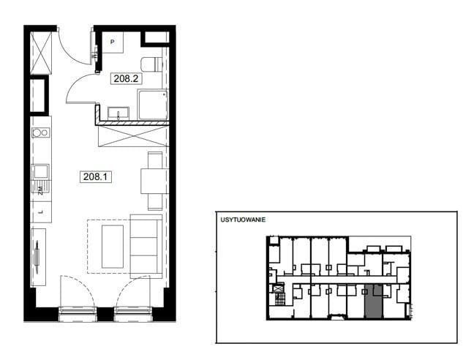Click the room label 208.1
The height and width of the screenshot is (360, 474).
point(96,176)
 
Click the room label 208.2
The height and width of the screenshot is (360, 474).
point(126,78)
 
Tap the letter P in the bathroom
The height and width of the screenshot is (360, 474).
point(113,42)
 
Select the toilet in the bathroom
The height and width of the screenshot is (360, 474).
point(151,64)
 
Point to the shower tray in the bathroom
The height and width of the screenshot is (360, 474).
point(153,105)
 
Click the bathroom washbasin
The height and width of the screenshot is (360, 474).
point(118,113)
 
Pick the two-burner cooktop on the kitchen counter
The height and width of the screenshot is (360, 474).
point(41,132)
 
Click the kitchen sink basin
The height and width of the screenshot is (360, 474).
point(40,171)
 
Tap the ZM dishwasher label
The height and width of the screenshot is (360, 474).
point(40,190)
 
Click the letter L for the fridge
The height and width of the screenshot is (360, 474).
point(42,212)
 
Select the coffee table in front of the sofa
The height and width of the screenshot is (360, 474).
point(113,247)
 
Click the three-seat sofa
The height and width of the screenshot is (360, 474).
point(146,247)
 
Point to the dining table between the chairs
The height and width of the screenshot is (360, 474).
point(154,181)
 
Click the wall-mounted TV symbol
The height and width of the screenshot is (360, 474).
point(37,257)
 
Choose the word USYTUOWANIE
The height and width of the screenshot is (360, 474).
point(243,220)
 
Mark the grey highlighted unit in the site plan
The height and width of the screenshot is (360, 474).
point(374,301)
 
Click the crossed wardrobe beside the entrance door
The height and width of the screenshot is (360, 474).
point(41,52)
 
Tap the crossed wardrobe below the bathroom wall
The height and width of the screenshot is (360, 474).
point(133,136)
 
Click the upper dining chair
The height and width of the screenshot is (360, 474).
point(155,160)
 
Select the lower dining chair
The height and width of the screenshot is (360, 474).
point(155,202)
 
